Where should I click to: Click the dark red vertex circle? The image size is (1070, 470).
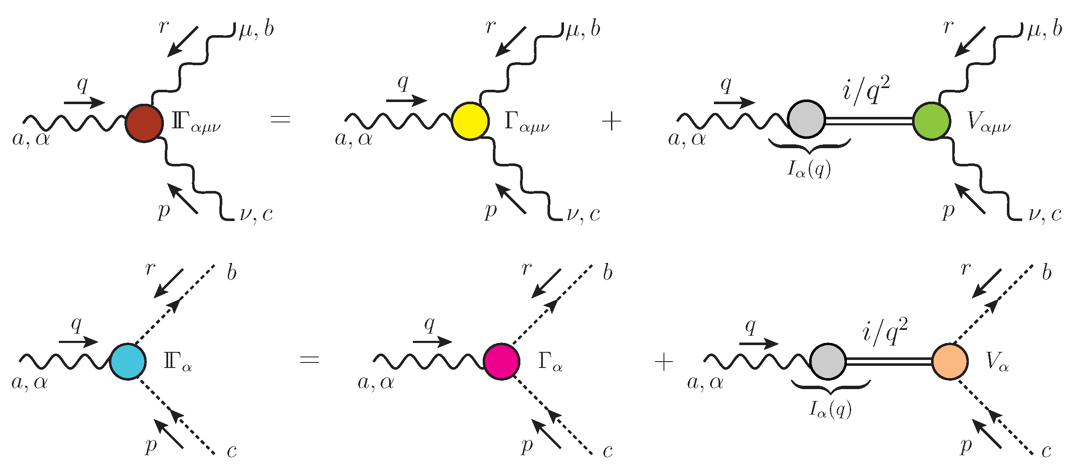(144, 123)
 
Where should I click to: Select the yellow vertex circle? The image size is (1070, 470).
(470, 121)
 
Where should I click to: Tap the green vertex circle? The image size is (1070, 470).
(931, 121)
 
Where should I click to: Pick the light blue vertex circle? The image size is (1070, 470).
(128, 361)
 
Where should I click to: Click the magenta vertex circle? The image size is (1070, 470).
(502, 361)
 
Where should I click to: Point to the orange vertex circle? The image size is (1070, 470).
(950, 361)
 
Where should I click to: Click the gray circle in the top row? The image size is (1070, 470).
(807, 119)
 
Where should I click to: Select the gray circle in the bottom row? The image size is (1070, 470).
(828, 361)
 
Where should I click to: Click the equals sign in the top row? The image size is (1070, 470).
(280, 119)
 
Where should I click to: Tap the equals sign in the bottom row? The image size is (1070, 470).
(309, 360)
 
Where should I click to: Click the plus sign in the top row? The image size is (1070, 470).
(611, 122)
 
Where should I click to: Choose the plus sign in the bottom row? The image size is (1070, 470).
(664, 362)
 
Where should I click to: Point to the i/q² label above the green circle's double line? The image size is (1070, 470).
(866, 90)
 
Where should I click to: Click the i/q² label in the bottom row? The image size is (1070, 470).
(885, 332)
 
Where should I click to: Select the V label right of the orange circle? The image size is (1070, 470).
(996, 362)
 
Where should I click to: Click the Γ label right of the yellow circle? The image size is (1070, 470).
(526, 122)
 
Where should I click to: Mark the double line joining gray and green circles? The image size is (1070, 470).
(869, 121)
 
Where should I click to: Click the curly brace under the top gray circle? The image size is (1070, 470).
(809, 147)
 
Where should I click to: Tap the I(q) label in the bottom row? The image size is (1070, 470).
(830, 409)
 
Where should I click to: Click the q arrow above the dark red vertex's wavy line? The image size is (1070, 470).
(84, 102)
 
